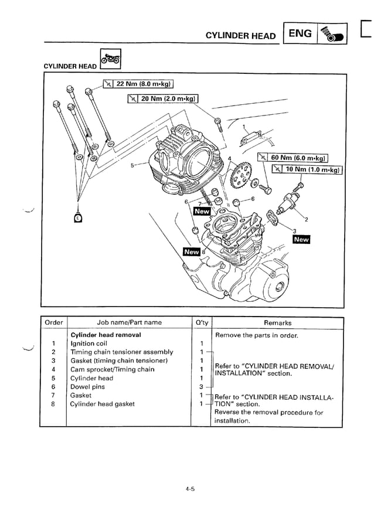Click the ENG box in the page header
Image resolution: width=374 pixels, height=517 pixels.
pos(300,34)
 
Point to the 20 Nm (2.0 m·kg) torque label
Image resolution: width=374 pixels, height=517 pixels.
pos(164,98)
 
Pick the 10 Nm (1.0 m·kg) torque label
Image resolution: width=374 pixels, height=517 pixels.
pos(307,169)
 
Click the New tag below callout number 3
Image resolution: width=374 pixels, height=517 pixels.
pos(301,239)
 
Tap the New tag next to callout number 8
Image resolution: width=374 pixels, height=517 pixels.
pos(192,251)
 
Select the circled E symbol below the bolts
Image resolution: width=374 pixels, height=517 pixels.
pos(78,219)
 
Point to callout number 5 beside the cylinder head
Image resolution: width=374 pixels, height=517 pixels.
pos(132,165)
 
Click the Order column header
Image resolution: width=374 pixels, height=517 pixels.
pos(54,322)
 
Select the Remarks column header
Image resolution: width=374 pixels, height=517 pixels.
pos(277,323)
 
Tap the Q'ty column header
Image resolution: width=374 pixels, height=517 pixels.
pos(201,322)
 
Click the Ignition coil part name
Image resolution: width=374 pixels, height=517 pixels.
pos(89,343)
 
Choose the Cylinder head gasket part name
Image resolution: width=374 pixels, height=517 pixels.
pos(102,404)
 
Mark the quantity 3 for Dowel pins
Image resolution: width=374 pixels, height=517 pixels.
pos(200,387)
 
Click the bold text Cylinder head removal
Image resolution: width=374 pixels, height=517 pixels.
pos(106,335)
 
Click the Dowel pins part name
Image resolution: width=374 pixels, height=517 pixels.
pos(87,387)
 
